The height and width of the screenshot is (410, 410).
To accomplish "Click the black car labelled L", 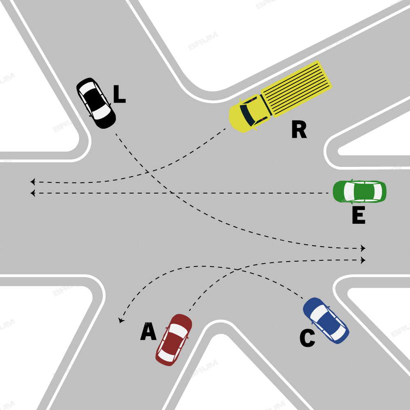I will (96, 103).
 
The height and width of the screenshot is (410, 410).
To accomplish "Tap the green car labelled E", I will (360, 191).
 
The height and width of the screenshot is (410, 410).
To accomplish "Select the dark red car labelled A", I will (174, 339).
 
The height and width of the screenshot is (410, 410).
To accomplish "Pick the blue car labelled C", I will (326, 320).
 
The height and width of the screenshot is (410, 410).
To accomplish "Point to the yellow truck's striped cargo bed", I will (296, 88).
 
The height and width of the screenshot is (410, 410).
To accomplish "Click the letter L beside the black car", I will (119, 94).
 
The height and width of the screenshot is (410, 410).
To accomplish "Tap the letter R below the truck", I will (299, 130).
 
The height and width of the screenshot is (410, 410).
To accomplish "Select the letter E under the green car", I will (358, 216).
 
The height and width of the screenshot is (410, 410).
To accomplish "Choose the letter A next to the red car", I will (148, 332).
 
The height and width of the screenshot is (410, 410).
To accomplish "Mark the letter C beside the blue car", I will (307, 339).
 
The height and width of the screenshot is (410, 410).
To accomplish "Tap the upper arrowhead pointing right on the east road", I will (363, 248).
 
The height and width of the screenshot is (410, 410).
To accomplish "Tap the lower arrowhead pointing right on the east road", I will (363, 260).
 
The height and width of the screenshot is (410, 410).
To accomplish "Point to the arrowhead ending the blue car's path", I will (121, 320).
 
